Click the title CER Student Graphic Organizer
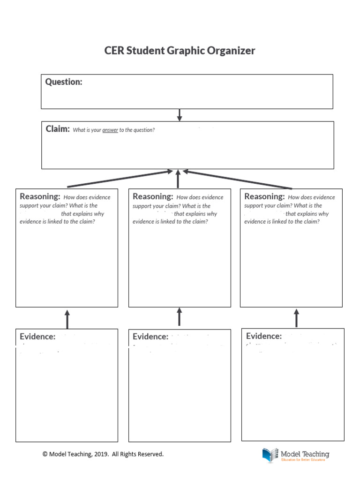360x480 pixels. [x=180, y=51]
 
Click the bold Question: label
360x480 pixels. [x=64, y=82]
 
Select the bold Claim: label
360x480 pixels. [x=58, y=129]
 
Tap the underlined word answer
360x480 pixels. [x=110, y=130]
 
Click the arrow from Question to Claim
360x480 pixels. [x=180, y=115]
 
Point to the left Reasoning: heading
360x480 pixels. [x=40, y=197]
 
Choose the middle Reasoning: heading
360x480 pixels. [x=153, y=197]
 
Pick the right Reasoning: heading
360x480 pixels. [x=264, y=197]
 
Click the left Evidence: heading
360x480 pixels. [x=37, y=337]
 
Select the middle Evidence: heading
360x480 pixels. [x=150, y=337]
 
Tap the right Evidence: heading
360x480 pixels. [x=264, y=336]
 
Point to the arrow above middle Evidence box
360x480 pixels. [x=180, y=316]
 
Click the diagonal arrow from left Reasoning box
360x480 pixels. [x=120, y=179]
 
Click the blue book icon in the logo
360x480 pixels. [x=270, y=455]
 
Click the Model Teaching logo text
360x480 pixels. [x=305, y=454]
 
